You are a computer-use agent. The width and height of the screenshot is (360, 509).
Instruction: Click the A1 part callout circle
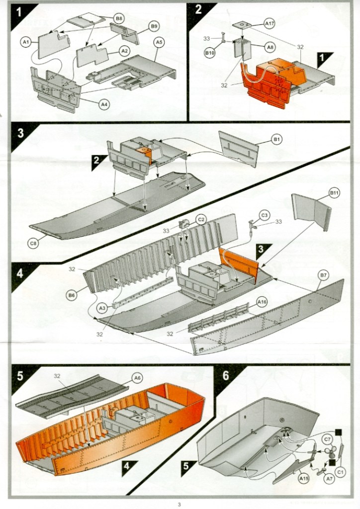pyautogui.click(x=25, y=43)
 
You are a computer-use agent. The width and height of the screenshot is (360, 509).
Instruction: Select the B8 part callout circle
pyautogui.click(x=119, y=18)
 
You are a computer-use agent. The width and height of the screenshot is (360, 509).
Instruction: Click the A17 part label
pyautogui.click(x=269, y=23)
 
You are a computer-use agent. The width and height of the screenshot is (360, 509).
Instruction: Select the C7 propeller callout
pyautogui.click(x=327, y=439)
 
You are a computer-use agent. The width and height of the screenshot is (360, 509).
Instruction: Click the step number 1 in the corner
pyautogui.click(x=19, y=11)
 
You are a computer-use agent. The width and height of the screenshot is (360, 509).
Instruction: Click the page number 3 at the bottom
pyautogui.click(x=180, y=504)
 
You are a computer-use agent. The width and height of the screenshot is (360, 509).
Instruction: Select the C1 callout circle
pyautogui.click(x=341, y=470)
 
